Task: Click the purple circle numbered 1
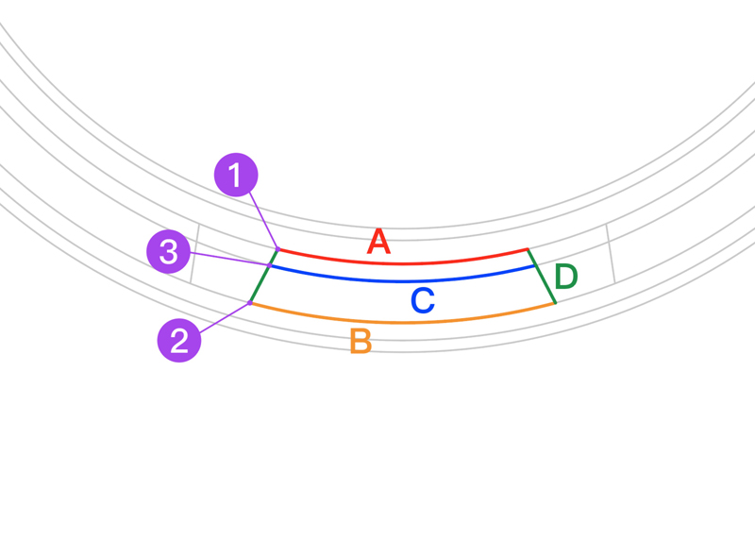[x=236, y=175]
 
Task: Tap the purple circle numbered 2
[x=179, y=340]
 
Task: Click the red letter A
[x=378, y=243]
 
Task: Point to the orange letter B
[x=361, y=341]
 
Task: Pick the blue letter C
[x=422, y=301]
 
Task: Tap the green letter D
[x=566, y=278]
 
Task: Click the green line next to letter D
[x=542, y=277]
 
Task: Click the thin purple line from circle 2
[x=225, y=316]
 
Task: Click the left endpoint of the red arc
[x=277, y=250]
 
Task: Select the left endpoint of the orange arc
[x=250, y=303]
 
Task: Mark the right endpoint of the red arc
[x=528, y=249]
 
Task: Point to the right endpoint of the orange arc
[x=555, y=303]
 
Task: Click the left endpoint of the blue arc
[x=269, y=266]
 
